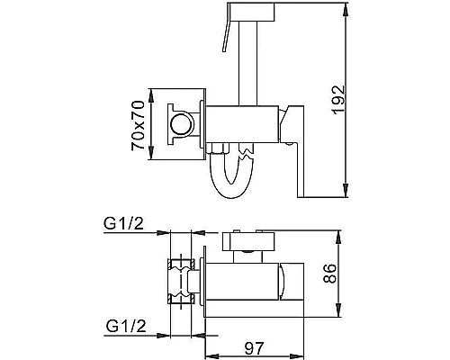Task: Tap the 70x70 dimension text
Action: (138, 124)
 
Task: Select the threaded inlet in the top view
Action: (184, 279)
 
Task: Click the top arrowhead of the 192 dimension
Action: (347, 10)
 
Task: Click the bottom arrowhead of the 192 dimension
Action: (347, 193)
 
